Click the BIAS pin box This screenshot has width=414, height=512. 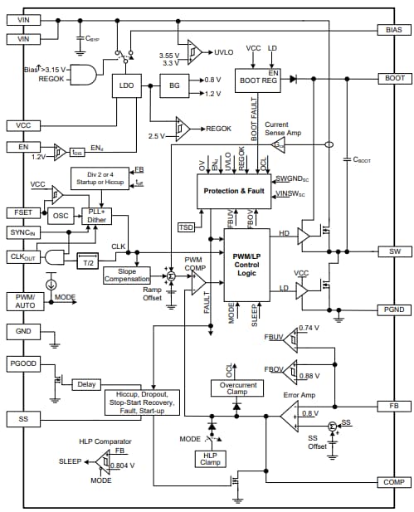point(393,29)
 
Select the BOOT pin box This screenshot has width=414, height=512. point(393,78)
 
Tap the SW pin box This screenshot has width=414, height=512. point(393,251)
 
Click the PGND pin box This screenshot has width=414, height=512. point(393,309)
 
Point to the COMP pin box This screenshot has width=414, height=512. point(393,482)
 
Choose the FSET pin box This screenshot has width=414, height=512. point(22,212)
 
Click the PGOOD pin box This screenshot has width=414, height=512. point(22,363)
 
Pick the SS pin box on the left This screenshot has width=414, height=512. point(22,419)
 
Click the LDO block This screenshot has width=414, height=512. point(127,85)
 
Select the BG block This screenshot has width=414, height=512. point(174,85)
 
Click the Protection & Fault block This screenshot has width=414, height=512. point(234,191)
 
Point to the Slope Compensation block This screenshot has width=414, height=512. point(127,275)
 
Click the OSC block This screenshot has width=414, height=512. point(61,215)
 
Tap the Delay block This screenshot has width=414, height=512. point(86,384)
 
